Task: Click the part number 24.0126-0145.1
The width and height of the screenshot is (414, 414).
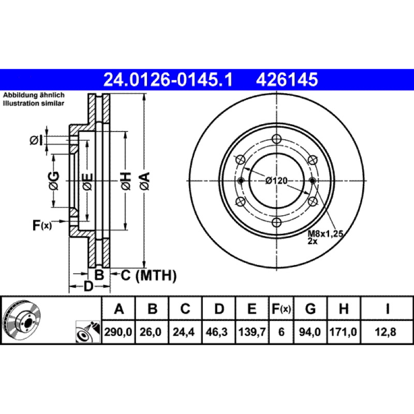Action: click(x=168, y=80)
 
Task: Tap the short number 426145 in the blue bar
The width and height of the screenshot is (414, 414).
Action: click(x=287, y=80)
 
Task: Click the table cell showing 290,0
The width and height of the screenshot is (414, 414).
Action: click(x=119, y=332)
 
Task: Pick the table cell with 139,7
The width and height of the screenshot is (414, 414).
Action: click(x=252, y=332)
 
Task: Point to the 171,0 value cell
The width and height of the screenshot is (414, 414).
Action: click(x=343, y=332)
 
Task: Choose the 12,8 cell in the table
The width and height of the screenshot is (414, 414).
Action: click(x=386, y=332)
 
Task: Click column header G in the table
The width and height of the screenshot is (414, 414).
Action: click(x=310, y=308)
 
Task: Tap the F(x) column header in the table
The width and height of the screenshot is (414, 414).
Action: click(x=281, y=308)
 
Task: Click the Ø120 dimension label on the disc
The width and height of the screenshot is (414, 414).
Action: click(x=276, y=181)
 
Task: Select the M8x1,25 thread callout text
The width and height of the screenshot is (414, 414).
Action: click(x=326, y=233)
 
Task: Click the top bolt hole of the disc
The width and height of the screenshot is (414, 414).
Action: click(x=276, y=139)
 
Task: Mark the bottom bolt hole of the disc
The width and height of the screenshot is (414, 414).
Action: click(x=276, y=223)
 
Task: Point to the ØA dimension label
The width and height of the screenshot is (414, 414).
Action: click(x=145, y=181)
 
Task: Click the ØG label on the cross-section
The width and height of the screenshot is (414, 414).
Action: click(x=54, y=181)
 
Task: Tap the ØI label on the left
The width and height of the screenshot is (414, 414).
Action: click(x=36, y=140)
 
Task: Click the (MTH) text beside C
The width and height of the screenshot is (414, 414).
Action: click(x=156, y=276)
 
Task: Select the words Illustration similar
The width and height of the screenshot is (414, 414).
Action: click(x=34, y=103)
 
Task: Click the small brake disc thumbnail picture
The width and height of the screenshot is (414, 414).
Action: click(x=21, y=320)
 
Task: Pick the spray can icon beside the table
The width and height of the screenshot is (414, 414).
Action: click(x=88, y=332)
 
